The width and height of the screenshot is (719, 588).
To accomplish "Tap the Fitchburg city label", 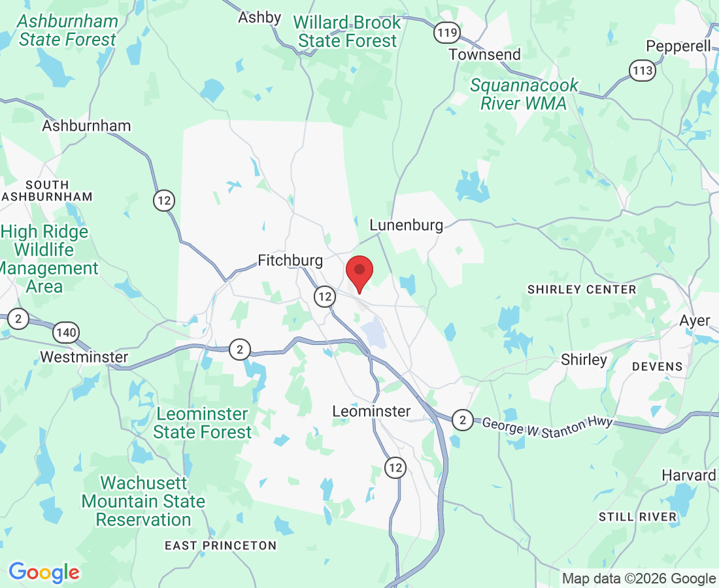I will coord(290,261).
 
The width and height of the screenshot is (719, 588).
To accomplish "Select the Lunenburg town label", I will coord(406,225).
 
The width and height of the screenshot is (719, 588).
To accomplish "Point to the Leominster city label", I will coord(371,411).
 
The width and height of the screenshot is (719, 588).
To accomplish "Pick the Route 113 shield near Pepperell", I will coord(643,71).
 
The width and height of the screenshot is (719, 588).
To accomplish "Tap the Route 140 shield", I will coord(67,333).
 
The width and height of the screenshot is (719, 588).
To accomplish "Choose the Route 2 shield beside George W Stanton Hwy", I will coord(463,419).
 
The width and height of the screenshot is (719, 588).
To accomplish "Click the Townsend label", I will coord(484,54).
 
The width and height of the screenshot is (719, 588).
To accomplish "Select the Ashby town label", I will coord(259,18).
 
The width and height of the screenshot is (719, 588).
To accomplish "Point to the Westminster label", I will coord(84,357).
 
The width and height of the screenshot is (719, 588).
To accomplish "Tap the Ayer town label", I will coord(694,321).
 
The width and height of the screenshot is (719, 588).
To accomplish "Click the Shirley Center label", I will coord(582,289).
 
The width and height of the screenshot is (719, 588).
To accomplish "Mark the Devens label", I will coord(658,367).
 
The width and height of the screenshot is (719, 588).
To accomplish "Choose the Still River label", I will coord(638,517).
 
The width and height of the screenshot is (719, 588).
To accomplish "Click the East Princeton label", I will coord(220,546).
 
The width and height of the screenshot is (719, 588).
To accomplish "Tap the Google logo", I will coord(44,572).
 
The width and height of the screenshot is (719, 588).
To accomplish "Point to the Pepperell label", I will coord(678,46).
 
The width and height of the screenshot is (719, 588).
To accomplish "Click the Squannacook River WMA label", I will coord(524,94).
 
